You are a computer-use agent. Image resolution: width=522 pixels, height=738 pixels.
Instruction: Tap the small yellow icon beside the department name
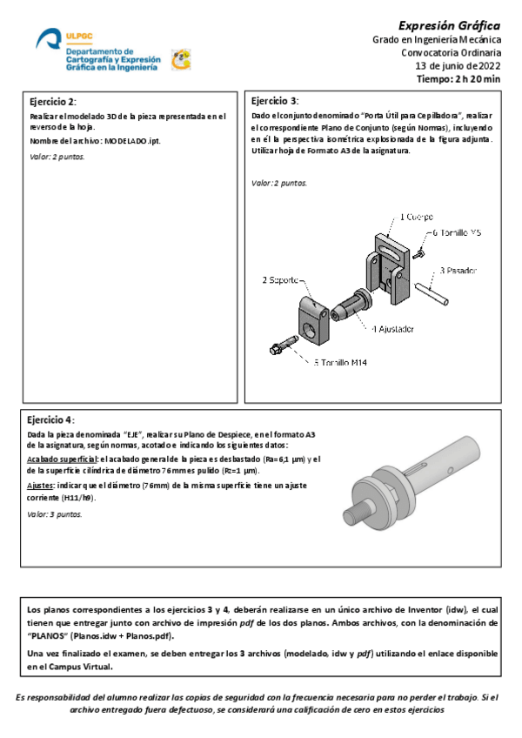(x=181, y=58)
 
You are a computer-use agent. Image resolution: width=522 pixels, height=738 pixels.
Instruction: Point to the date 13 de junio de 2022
(x=458, y=65)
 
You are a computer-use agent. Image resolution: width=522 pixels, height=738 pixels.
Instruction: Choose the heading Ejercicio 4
(x=51, y=418)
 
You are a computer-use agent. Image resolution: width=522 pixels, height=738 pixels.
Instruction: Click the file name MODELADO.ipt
(x=132, y=141)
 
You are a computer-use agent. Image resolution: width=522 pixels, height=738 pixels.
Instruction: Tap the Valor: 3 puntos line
(x=54, y=514)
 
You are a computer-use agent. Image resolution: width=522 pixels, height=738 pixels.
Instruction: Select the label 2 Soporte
(x=283, y=280)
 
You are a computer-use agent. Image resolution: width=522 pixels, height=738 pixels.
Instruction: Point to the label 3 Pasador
(x=458, y=271)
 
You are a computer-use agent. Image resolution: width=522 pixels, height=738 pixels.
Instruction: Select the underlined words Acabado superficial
(x=62, y=459)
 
